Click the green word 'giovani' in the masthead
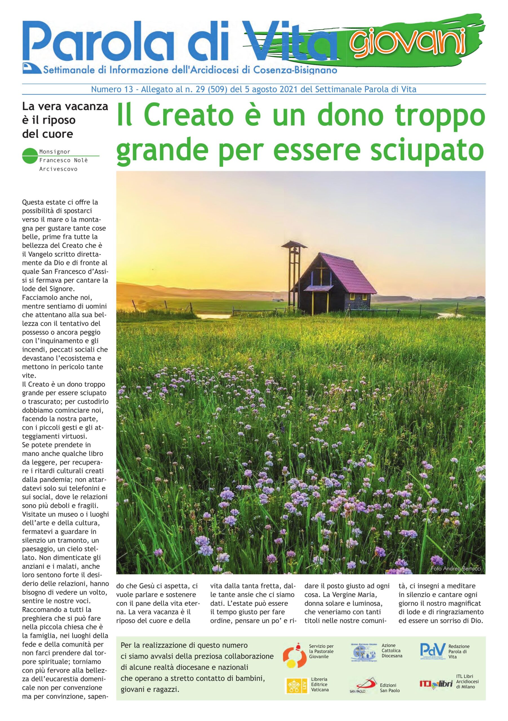coord(409,42)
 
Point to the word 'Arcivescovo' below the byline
coord(58,169)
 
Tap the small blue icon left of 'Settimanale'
coord(32,68)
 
